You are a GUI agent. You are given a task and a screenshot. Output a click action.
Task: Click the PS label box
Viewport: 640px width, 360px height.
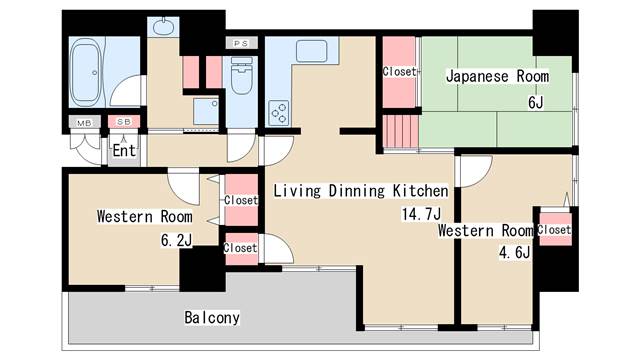pyautogui.click(x=240, y=43)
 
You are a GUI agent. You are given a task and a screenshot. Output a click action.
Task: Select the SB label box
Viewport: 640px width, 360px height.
pyautogui.click(x=123, y=122)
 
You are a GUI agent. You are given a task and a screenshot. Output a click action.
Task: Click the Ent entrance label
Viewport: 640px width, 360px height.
pyautogui.click(x=123, y=151)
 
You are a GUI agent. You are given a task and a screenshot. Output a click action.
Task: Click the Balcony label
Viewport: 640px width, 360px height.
pyautogui.click(x=212, y=318)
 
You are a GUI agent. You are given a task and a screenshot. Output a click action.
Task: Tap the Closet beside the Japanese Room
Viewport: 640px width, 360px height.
pyautogui.click(x=400, y=71)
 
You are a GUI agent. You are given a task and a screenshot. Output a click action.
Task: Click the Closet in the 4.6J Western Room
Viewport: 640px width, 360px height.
pyautogui.click(x=553, y=230)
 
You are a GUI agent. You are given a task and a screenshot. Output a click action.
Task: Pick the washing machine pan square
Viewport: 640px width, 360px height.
pyautogui.click(x=207, y=111)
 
